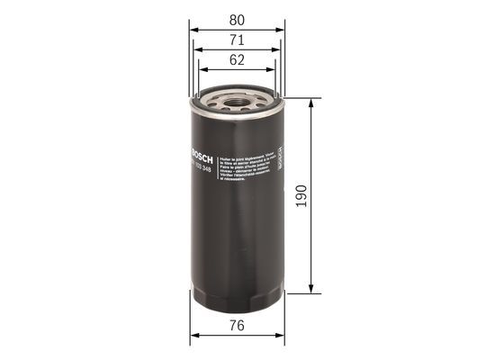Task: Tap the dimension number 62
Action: click(x=238, y=62)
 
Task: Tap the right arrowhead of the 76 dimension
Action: click(x=280, y=339)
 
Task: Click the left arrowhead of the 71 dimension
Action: click(x=200, y=51)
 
